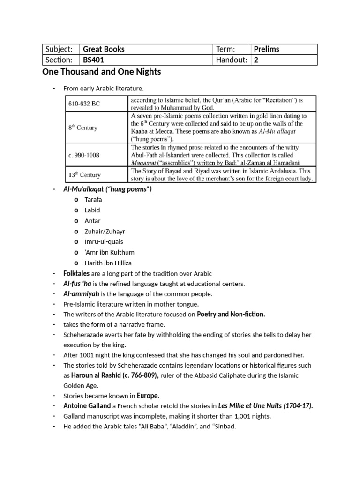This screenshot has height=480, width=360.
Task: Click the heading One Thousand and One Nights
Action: coord(101,72)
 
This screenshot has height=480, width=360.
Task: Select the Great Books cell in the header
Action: coord(104,49)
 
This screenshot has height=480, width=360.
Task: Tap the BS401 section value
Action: coord(94,60)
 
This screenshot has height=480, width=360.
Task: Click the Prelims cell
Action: coord(266,49)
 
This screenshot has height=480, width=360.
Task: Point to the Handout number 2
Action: coord(256,60)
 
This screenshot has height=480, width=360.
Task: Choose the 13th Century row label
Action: coord(85,175)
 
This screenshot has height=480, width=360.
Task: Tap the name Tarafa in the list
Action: coord(93,199)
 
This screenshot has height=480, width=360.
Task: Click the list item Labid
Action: coord(92,210)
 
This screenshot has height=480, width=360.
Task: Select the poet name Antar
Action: coord(92,221)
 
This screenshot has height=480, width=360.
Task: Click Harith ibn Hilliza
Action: coord(108,263)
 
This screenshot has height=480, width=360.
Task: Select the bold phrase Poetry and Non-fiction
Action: coord(231,315)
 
